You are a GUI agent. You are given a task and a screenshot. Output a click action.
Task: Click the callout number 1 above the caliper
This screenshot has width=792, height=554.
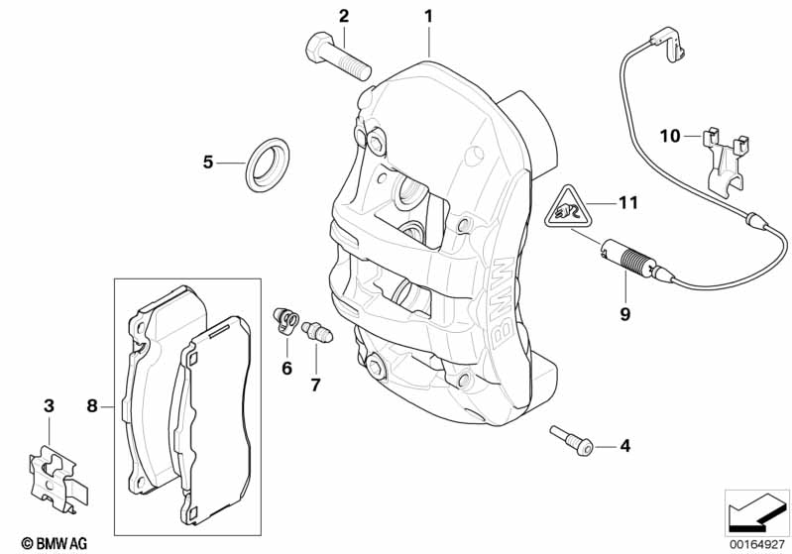(x=428, y=16)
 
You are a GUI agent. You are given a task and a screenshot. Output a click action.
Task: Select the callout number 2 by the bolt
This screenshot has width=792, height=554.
(x=344, y=16)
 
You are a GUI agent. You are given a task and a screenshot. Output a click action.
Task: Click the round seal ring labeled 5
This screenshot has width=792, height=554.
(x=265, y=163)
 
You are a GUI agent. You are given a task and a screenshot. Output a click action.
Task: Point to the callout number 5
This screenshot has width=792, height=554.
(x=208, y=162)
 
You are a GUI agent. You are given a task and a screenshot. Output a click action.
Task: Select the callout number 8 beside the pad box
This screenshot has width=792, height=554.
(x=92, y=405)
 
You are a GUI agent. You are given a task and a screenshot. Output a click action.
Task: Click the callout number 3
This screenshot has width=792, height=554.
(x=48, y=405)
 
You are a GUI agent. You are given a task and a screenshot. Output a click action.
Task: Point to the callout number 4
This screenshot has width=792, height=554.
(x=624, y=447)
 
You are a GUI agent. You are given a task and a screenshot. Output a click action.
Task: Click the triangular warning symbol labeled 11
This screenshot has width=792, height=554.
(x=568, y=207)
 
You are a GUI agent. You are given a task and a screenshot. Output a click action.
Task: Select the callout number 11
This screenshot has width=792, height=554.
(x=625, y=203)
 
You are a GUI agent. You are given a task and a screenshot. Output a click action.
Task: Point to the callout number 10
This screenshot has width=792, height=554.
(x=670, y=134)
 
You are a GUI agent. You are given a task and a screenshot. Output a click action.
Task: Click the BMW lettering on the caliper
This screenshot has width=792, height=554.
(x=501, y=297)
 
